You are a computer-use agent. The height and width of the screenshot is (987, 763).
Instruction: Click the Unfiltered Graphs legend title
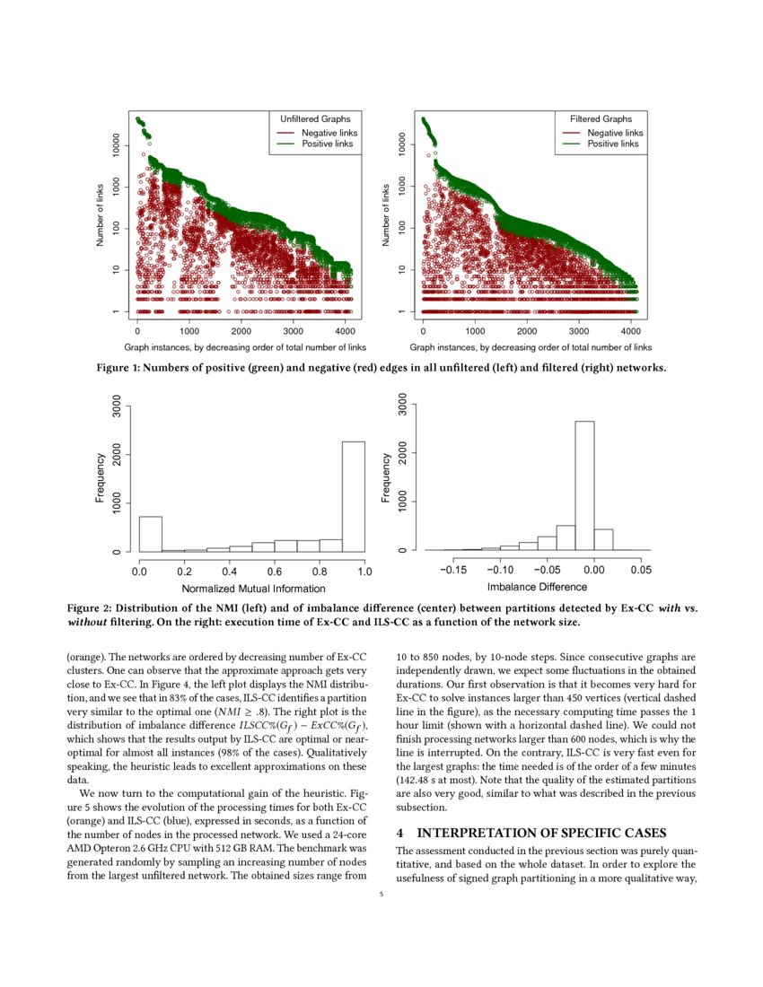click(x=315, y=118)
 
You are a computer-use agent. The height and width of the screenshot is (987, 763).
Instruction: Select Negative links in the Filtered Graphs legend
click(x=615, y=132)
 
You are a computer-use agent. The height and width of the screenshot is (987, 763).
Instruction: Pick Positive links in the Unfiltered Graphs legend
click(x=328, y=144)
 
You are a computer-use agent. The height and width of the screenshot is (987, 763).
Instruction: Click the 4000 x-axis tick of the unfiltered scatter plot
click(x=344, y=330)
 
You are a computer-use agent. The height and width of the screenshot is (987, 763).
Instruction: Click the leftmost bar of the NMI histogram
click(x=150, y=533)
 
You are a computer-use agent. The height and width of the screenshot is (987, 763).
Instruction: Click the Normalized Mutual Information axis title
click(x=253, y=589)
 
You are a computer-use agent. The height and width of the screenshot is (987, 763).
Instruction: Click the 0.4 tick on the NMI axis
click(x=230, y=571)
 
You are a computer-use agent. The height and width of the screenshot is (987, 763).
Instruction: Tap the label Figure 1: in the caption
click(x=122, y=366)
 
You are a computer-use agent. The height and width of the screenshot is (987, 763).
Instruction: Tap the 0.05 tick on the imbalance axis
click(x=640, y=570)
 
